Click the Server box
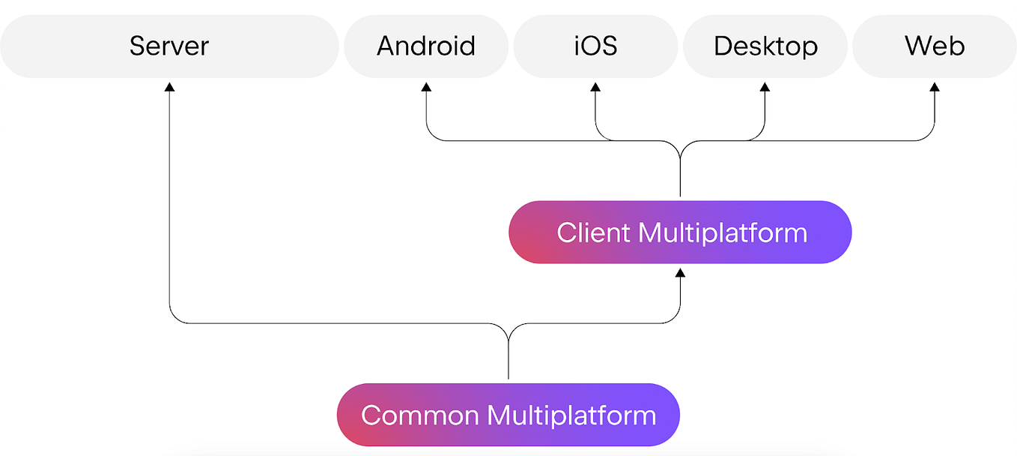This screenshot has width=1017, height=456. tap(169, 46)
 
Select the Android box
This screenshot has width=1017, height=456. tap(425, 46)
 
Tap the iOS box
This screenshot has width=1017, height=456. tap(595, 46)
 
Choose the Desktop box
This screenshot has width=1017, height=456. tap(765, 46)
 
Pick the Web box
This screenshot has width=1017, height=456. tap(935, 46)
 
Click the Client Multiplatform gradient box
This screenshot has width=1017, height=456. tap(680, 232)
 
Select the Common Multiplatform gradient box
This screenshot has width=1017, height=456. tap(508, 415)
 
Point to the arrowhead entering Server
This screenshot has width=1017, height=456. tap(169, 86)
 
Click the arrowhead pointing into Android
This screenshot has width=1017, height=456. tap(426, 86)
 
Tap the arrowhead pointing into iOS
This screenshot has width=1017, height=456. tap(595, 86)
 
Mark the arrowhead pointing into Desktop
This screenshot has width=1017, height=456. tap(765, 86)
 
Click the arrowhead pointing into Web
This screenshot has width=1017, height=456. tap(935, 86)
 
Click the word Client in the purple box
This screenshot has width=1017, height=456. tap(593, 232)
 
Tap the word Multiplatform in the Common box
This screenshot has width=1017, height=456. tap(571, 415)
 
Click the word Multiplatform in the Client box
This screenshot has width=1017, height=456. tap(723, 232)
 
